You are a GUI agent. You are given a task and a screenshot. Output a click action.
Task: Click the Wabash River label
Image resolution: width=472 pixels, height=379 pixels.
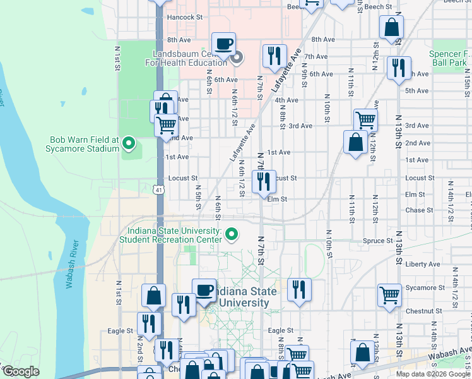pyautogui.click(x=71, y=264)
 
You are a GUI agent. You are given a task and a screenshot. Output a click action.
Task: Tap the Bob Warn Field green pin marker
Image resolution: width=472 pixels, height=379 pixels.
pyautogui.click(x=129, y=144)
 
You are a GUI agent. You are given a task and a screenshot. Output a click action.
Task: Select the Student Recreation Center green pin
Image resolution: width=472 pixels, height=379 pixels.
pyautogui.click(x=232, y=234)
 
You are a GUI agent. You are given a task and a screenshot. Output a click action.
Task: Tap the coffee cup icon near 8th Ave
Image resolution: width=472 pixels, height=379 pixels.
pyautogui.click(x=223, y=44)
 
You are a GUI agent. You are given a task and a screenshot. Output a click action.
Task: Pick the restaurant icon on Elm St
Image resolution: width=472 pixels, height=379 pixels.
pyautogui.click(x=264, y=181)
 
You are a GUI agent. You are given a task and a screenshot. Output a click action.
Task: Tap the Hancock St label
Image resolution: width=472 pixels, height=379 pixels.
pyautogui.click(x=184, y=18)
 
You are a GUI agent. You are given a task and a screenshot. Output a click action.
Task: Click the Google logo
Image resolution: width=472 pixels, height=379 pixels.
pyautogui.click(x=21, y=371)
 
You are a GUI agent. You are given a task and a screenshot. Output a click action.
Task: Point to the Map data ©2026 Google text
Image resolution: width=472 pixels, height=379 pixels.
pyautogui.click(x=433, y=373)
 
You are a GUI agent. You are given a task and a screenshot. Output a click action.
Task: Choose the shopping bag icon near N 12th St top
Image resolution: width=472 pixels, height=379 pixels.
pyautogui.click(x=391, y=28)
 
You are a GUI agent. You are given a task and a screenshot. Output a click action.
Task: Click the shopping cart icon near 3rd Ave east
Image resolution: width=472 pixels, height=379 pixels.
pyautogui.click(x=365, y=119)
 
